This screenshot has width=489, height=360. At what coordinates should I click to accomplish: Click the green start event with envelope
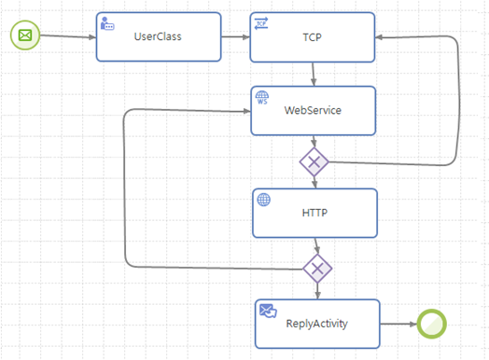click(24, 36)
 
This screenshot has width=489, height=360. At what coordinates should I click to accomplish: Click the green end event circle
click(431, 324)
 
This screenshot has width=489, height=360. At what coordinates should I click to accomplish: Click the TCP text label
click(313, 37)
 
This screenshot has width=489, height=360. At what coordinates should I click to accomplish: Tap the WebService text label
click(313, 110)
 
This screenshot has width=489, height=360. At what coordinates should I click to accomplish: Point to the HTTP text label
click(314, 213)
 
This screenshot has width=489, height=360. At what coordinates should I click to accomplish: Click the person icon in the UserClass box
click(107, 22)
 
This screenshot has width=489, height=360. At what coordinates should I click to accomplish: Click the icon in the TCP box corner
click(261, 22)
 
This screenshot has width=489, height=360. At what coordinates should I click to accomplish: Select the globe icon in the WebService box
click(262, 97)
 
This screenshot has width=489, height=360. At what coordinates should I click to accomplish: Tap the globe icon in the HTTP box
click(263, 199)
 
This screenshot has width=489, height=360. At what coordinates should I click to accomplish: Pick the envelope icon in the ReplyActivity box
click(267, 311)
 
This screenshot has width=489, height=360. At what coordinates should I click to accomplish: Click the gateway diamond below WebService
click(314, 162)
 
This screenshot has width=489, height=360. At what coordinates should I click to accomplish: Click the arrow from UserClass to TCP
click(235, 37)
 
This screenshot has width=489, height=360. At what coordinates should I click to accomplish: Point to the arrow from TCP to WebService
click(314, 74)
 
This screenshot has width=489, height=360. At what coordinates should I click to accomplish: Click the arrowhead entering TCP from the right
click(382, 37)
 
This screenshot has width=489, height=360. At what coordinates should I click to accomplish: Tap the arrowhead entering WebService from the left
click(244, 110)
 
